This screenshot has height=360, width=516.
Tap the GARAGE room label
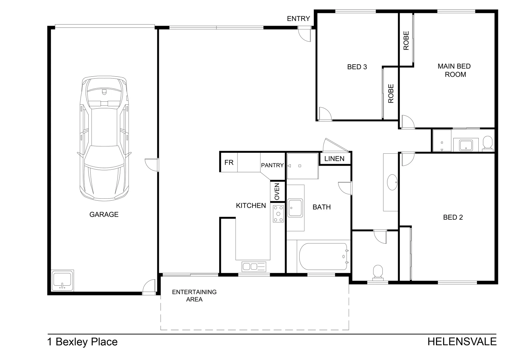tap(104, 214)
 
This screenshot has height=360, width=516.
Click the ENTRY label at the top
tap(298, 19)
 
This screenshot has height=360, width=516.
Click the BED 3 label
tap(357, 67)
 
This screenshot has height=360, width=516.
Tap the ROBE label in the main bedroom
tap(406, 41)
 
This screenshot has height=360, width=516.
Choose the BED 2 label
tap(453, 217)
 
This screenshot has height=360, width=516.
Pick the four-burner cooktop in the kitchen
tap(278, 214)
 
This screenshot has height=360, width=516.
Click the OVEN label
tap(277, 192)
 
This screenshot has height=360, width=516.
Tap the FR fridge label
tap(229, 163)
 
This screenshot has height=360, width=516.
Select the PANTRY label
tap(272, 165)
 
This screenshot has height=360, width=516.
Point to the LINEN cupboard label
tap(334, 159)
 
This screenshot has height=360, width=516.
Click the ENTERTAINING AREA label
tap(194, 296)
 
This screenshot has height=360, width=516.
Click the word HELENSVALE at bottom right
tap(462, 342)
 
